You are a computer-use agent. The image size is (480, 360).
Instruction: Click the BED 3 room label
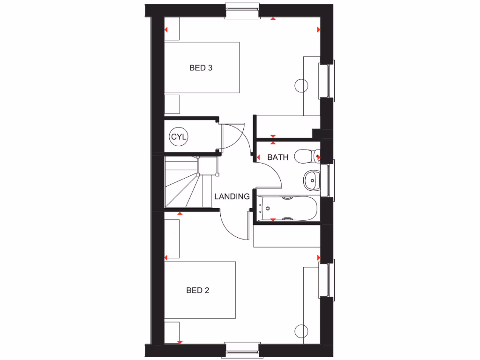pyautogui.click(x=201, y=68)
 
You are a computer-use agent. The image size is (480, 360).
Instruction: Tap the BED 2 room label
pyautogui.click(x=198, y=291)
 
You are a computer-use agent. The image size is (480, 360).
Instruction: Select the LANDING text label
pyautogui.click(x=232, y=196)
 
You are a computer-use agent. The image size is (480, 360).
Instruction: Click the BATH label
pyautogui.click(x=277, y=157)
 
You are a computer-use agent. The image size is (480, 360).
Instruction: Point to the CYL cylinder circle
pyautogui.click(x=179, y=137)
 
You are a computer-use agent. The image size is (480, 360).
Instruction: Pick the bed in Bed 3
pyautogui.click(x=202, y=67)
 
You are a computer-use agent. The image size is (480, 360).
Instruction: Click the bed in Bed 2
pyautogui.click(x=200, y=291)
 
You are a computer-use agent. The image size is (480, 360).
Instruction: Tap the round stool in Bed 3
pyautogui.click(x=301, y=86)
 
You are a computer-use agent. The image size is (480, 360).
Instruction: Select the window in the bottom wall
pyautogui.click(x=242, y=349)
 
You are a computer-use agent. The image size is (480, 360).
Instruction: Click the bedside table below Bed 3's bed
pyautogui.click(x=172, y=104)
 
